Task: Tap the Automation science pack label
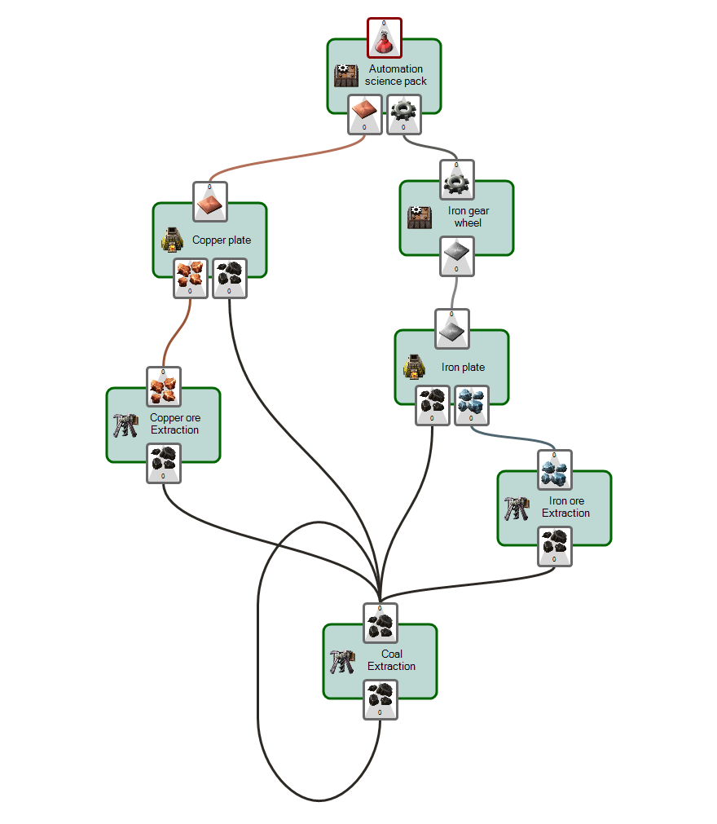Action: (396, 75)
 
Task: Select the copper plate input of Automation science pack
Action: (364, 114)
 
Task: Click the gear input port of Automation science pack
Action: (403, 114)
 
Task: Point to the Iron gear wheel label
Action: (468, 217)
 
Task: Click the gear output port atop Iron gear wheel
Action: (457, 179)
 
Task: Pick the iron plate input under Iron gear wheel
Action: (456, 256)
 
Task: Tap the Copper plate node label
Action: (222, 240)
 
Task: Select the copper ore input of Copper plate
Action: (190, 278)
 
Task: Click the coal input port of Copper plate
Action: (229, 278)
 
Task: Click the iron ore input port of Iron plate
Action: (471, 405)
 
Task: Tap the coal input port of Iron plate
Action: (432, 405)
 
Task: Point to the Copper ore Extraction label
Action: (174, 424)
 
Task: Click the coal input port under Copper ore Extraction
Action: (164, 463)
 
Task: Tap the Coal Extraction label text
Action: (392, 660)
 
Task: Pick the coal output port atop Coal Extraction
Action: (380, 623)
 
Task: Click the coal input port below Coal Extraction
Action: (380, 699)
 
